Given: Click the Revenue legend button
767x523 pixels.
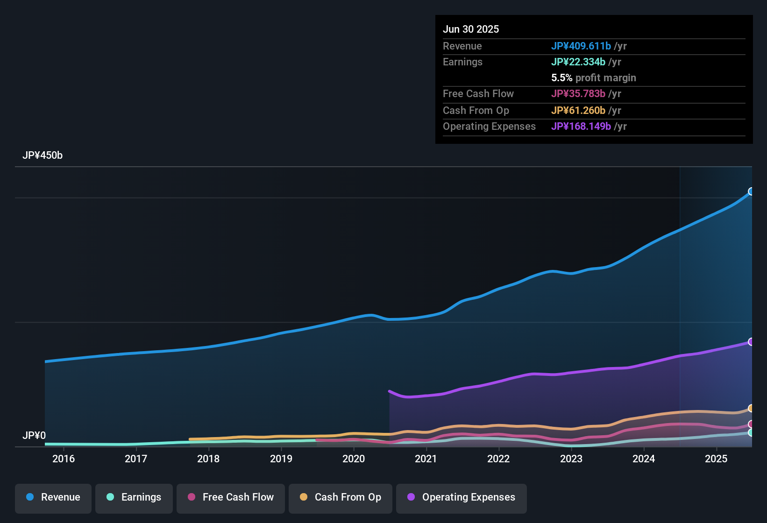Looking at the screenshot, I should click(53, 497).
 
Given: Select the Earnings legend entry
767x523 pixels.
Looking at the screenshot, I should click(134, 497).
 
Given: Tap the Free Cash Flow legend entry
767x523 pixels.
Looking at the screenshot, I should click(231, 497).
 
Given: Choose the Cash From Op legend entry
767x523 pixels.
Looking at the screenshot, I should click(341, 497).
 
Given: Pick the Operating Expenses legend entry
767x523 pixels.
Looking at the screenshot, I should click(462, 497).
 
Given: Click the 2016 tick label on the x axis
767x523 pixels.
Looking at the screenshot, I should click(64, 459).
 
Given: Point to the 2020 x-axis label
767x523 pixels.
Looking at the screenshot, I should click(354, 459).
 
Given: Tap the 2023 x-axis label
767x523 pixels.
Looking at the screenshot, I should click(571, 459).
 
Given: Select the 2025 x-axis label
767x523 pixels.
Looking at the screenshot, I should click(716, 459).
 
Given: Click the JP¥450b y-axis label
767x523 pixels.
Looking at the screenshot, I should click(43, 155).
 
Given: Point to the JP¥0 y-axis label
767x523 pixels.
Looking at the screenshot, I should click(34, 436).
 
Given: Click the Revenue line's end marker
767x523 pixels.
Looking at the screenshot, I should click(751, 191).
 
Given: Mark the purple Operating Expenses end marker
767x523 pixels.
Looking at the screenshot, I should click(751, 342).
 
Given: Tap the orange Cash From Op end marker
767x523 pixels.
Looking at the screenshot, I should click(751, 409).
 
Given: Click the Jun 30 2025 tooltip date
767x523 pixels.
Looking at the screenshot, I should click(471, 29).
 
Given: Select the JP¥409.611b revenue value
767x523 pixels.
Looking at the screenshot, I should click(581, 46).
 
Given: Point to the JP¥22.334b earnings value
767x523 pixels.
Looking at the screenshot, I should click(578, 62).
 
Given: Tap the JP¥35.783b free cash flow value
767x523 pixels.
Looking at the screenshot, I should click(578, 94).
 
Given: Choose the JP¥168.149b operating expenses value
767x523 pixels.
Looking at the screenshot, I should click(581, 127).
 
